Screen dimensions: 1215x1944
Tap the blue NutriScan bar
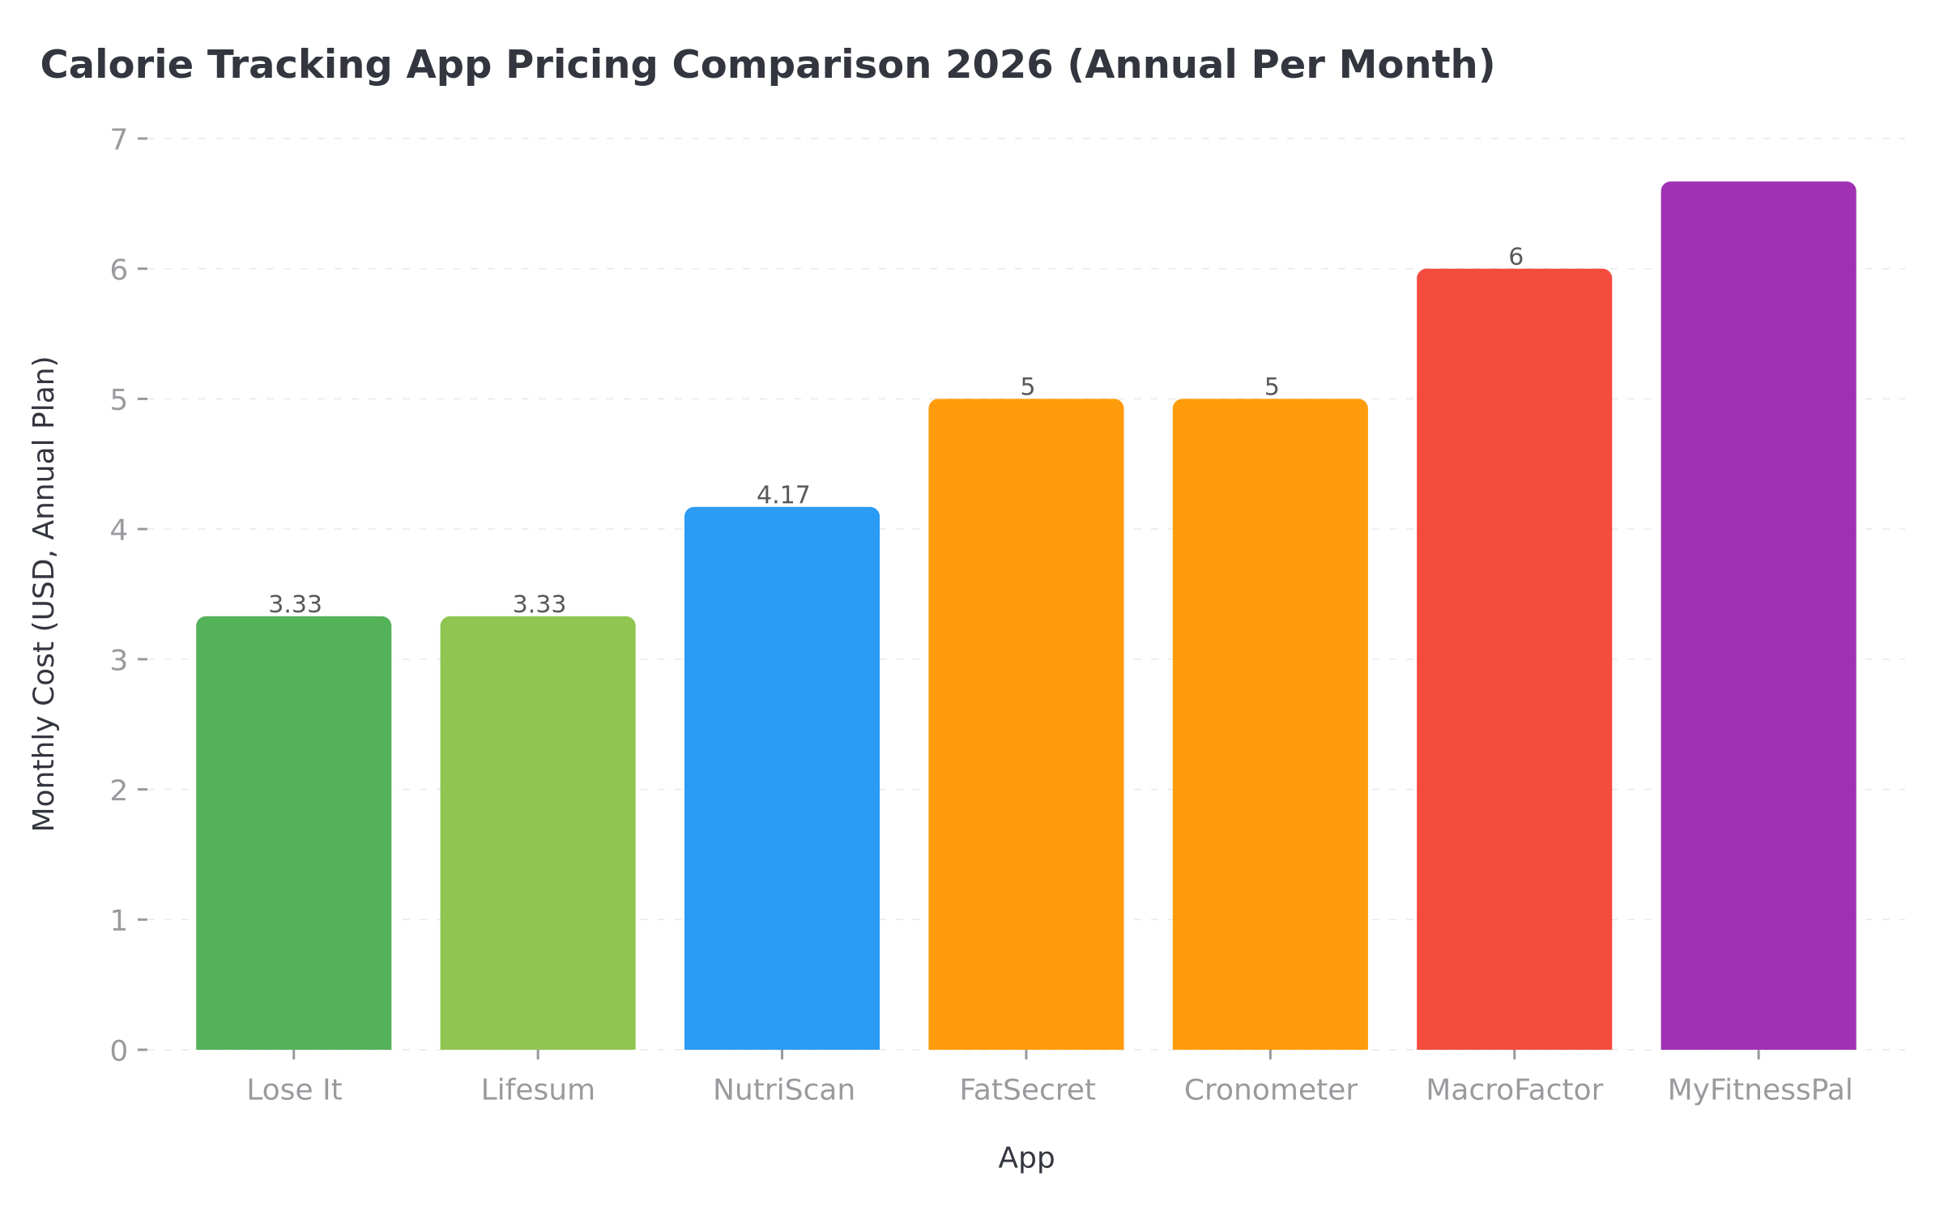click(x=782, y=778)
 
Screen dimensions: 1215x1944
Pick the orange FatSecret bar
click(x=1025, y=724)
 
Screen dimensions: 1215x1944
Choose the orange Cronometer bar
click(x=1270, y=724)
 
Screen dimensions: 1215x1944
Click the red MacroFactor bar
click(x=1514, y=659)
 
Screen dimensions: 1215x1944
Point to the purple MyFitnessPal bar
click(x=1759, y=616)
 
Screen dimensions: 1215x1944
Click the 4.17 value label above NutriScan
click(x=782, y=495)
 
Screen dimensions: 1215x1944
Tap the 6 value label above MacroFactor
click(x=1516, y=257)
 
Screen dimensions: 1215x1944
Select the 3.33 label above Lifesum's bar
click(x=539, y=604)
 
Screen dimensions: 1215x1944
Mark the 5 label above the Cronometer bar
click(x=1271, y=387)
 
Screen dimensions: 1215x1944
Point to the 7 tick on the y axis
click(x=119, y=139)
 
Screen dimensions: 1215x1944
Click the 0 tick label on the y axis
click(x=119, y=1051)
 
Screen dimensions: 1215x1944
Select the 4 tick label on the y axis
click(x=119, y=531)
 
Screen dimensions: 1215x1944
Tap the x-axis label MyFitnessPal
click(x=1759, y=1090)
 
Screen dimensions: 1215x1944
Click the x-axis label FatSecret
click(x=1026, y=1090)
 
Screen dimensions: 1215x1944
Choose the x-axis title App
click(x=1026, y=1157)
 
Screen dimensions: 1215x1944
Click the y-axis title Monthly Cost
click(x=44, y=594)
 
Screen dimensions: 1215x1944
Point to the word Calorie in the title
click(x=117, y=65)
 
